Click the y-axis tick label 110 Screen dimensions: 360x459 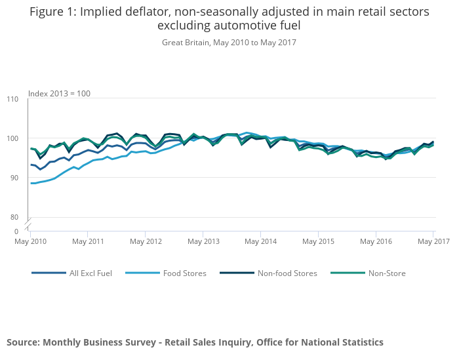point(13,99)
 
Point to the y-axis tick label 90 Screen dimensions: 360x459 point(14,178)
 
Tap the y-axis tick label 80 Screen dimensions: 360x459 point(14,217)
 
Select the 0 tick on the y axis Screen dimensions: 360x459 point(16,231)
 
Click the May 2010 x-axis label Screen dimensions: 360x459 point(30,241)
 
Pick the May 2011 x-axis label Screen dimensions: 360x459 point(88,241)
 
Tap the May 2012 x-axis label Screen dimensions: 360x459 point(146,241)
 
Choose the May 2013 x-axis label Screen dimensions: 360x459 point(203,241)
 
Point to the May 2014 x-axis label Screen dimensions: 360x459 point(260,241)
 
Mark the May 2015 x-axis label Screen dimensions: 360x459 point(318,241)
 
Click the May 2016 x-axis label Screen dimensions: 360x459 point(376,241)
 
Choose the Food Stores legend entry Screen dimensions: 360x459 point(184,273)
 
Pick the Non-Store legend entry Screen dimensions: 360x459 point(386,273)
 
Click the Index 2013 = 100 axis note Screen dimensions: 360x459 point(59,94)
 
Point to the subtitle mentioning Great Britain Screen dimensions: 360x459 point(229,43)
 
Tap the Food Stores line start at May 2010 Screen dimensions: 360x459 point(31,183)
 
